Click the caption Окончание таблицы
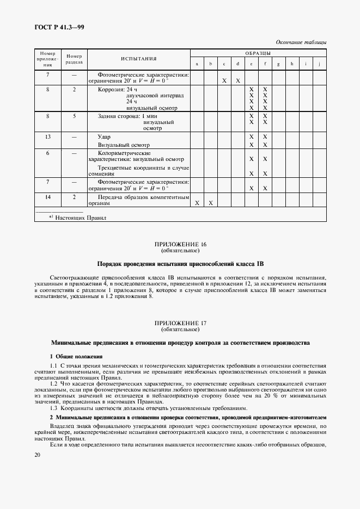(301, 42)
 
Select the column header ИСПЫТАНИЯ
(138, 59)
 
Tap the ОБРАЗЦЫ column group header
(258, 53)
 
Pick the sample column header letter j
(319, 64)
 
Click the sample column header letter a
(197, 64)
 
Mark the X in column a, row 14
(197, 203)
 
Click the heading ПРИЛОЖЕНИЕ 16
(180, 245)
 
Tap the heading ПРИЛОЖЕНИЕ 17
(180, 323)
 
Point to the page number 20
(38, 454)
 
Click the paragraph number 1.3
(54, 408)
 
